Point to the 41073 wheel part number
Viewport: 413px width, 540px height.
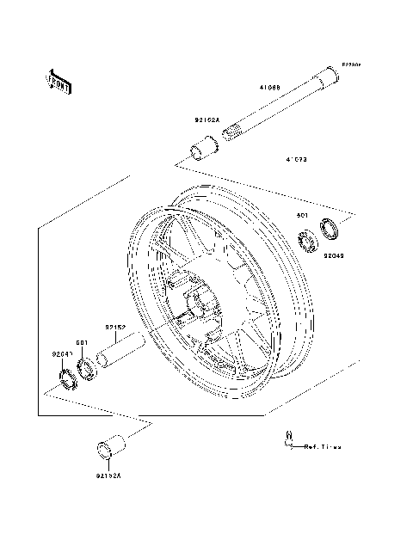[x=298, y=160]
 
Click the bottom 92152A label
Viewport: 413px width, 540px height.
[x=109, y=475]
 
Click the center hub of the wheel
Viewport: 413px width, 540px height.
[x=200, y=304]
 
